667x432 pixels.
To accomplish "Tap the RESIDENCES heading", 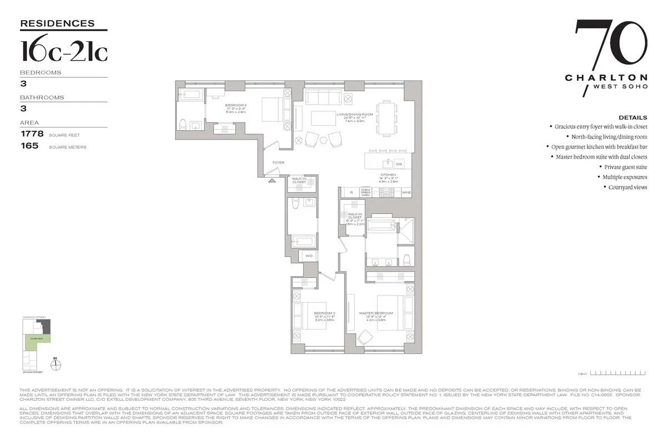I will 57,23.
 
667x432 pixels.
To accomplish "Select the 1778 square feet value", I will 32,134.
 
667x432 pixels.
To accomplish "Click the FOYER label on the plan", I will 278,163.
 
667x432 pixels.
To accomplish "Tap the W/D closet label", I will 308,256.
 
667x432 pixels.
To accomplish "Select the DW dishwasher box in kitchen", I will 399,164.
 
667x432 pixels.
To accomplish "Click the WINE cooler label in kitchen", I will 406,192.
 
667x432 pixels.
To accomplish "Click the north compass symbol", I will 56,365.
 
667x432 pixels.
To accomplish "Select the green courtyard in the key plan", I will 36,338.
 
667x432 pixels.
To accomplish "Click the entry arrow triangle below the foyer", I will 272,180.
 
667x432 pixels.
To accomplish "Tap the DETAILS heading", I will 633,117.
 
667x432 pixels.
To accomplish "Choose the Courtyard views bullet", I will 626,188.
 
